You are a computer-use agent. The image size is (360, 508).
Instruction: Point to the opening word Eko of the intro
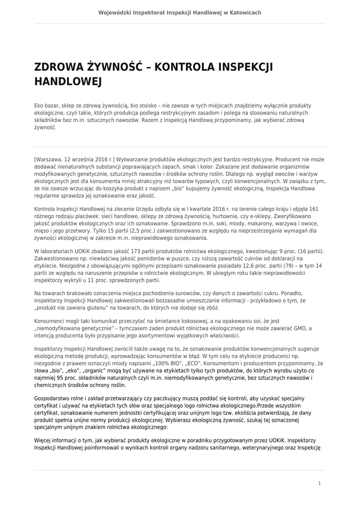pos(39,106)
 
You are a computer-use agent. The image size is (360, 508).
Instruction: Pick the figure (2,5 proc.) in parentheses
pos(132,231)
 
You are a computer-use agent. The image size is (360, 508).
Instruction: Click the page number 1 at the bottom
pos(320,483)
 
